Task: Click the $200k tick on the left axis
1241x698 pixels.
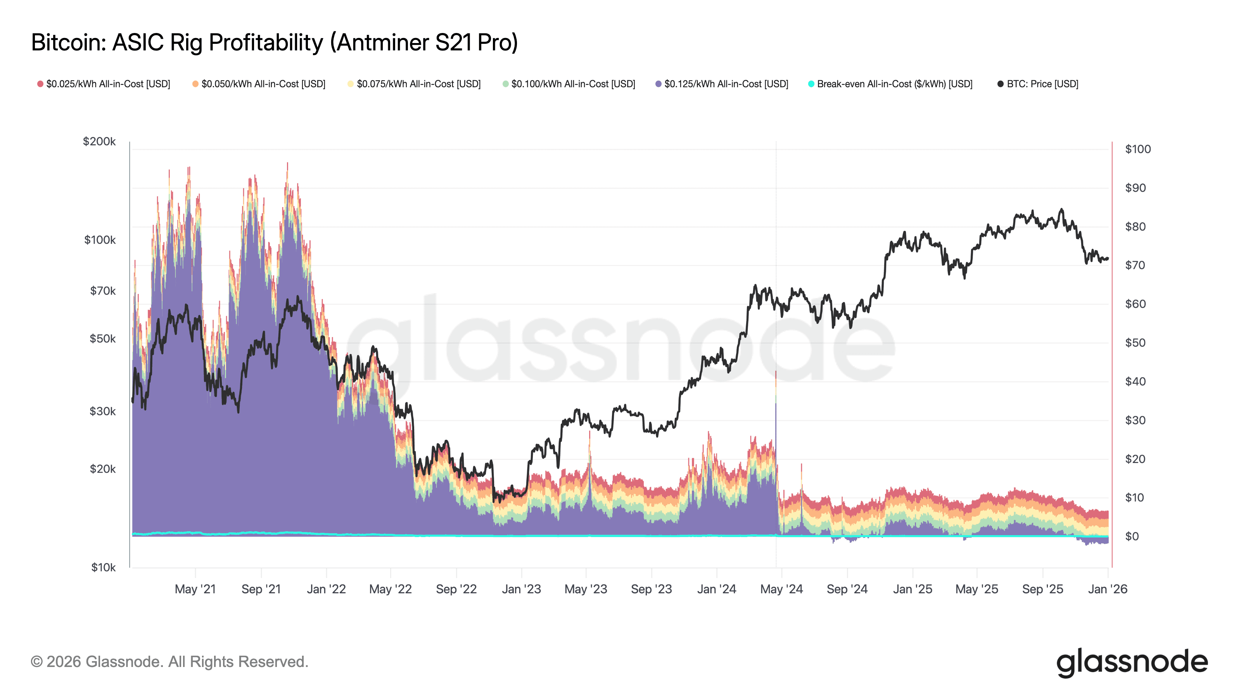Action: [99, 141]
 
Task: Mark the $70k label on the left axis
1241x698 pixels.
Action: [103, 290]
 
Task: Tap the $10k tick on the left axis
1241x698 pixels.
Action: [103, 567]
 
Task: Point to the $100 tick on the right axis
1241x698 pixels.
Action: [1137, 149]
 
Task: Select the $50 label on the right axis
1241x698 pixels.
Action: [1135, 342]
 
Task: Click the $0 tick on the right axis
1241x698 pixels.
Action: [1132, 536]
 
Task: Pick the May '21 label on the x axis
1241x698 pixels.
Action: [195, 589]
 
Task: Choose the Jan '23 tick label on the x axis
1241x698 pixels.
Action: [521, 589]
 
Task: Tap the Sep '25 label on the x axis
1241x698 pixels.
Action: [1042, 589]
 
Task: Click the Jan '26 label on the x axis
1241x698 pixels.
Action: [1108, 589]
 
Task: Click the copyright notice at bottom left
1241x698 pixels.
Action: [169, 662]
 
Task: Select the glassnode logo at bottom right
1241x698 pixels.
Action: [1132, 662]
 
